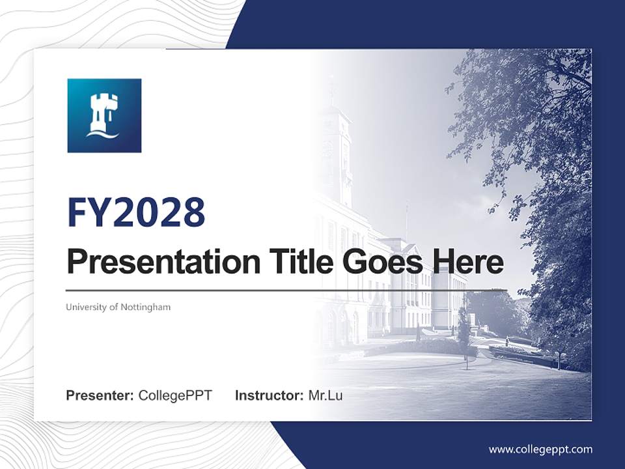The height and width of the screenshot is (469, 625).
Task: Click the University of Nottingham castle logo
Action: tap(104, 116)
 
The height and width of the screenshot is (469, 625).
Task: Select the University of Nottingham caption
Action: tap(118, 307)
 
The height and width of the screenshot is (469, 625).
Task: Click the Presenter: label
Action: tap(100, 395)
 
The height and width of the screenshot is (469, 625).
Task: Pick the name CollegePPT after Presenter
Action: tap(175, 395)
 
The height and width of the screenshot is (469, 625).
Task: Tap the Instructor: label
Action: tap(269, 395)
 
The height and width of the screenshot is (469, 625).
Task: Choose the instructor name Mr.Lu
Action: tap(326, 395)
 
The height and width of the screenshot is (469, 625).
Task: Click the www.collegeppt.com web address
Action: tap(540, 449)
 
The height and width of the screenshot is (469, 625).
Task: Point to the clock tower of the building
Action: tap(336, 150)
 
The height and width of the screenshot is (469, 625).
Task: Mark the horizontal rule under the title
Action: tap(286, 290)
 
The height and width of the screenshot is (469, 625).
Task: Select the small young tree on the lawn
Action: tap(464, 332)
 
